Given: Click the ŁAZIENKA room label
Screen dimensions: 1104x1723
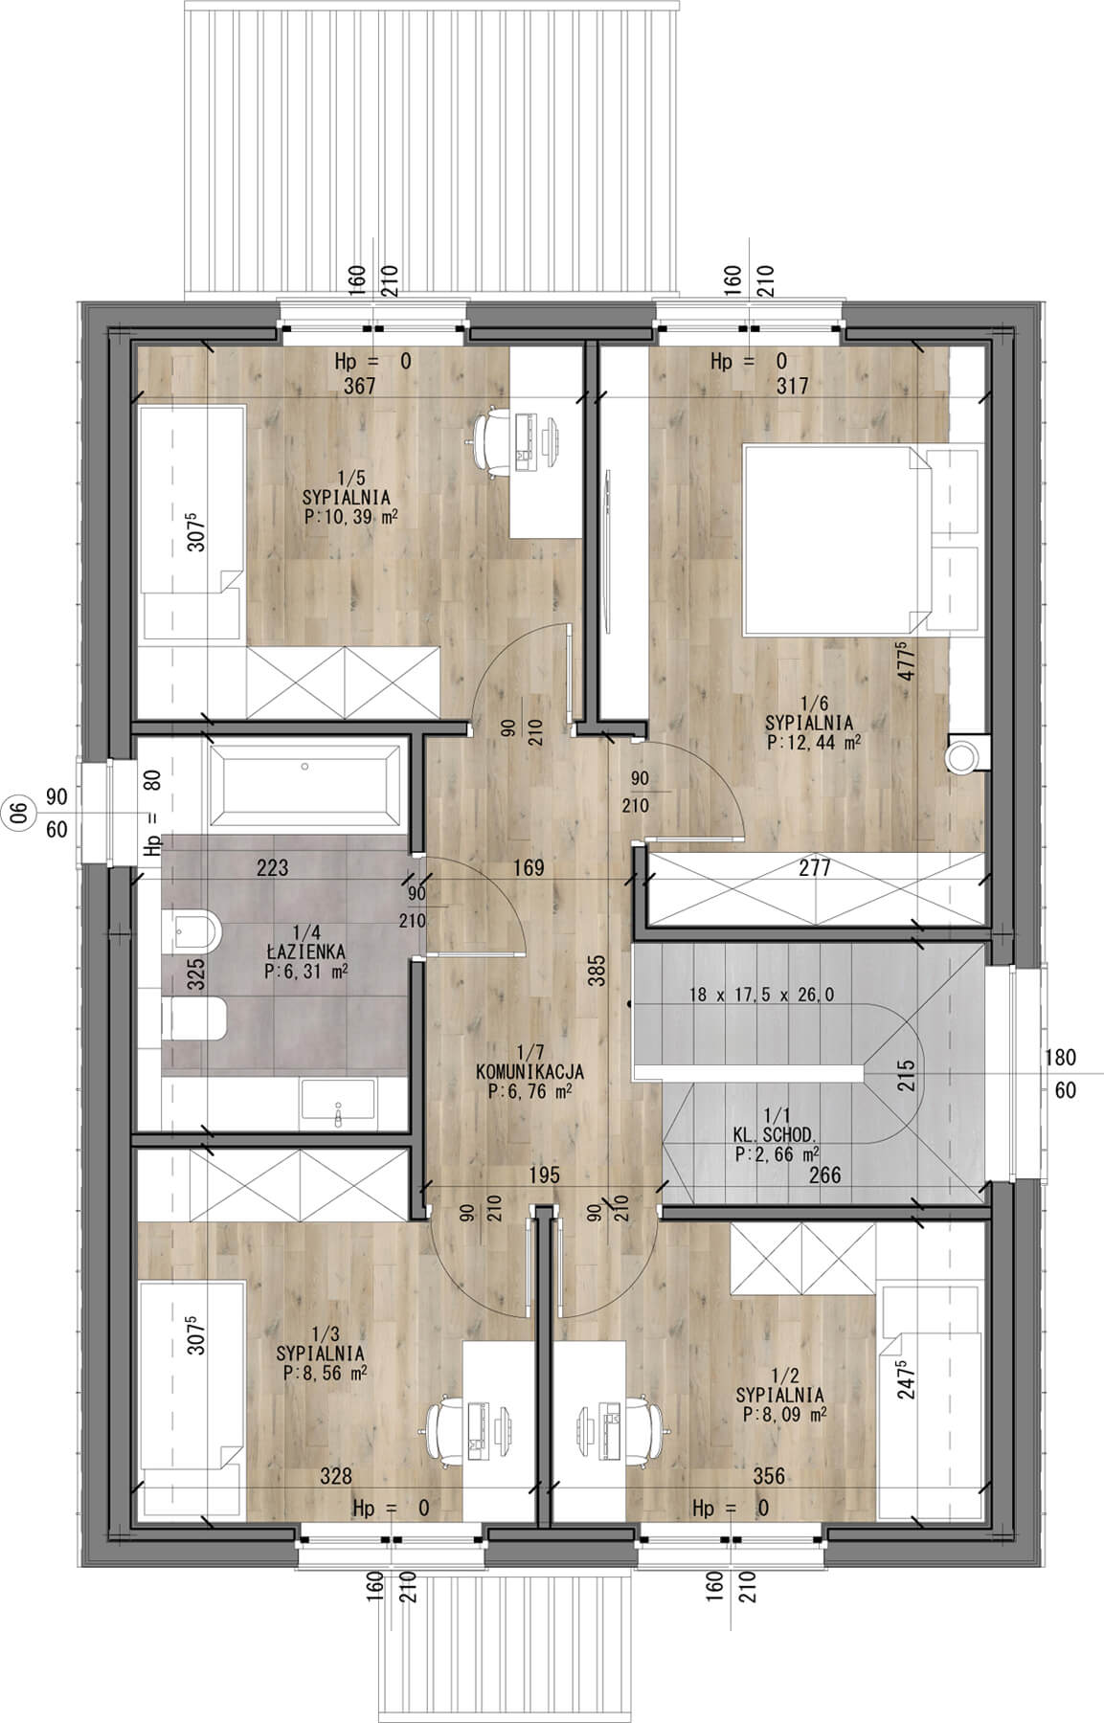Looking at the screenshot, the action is pyautogui.click(x=307, y=952).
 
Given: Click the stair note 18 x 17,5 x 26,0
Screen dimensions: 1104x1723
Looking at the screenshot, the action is pyautogui.click(x=761, y=995).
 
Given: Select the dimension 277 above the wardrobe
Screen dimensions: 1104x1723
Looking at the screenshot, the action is pyautogui.click(x=815, y=868).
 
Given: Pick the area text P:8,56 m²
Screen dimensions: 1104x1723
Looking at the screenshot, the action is pyautogui.click(x=326, y=1373).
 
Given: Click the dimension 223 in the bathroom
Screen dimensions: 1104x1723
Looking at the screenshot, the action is pyautogui.click(x=273, y=868).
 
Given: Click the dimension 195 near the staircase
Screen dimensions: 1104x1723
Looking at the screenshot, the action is pyautogui.click(x=543, y=1175).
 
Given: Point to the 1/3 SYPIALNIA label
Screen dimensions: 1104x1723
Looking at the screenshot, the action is pyautogui.click(x=321, y=1344).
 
